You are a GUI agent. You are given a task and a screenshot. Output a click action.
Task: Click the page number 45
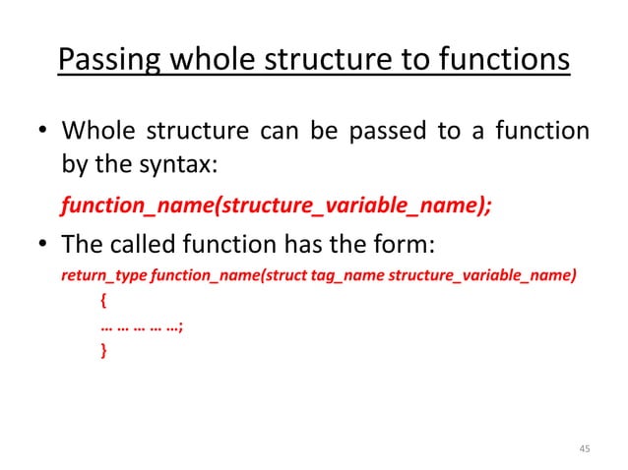585,448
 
